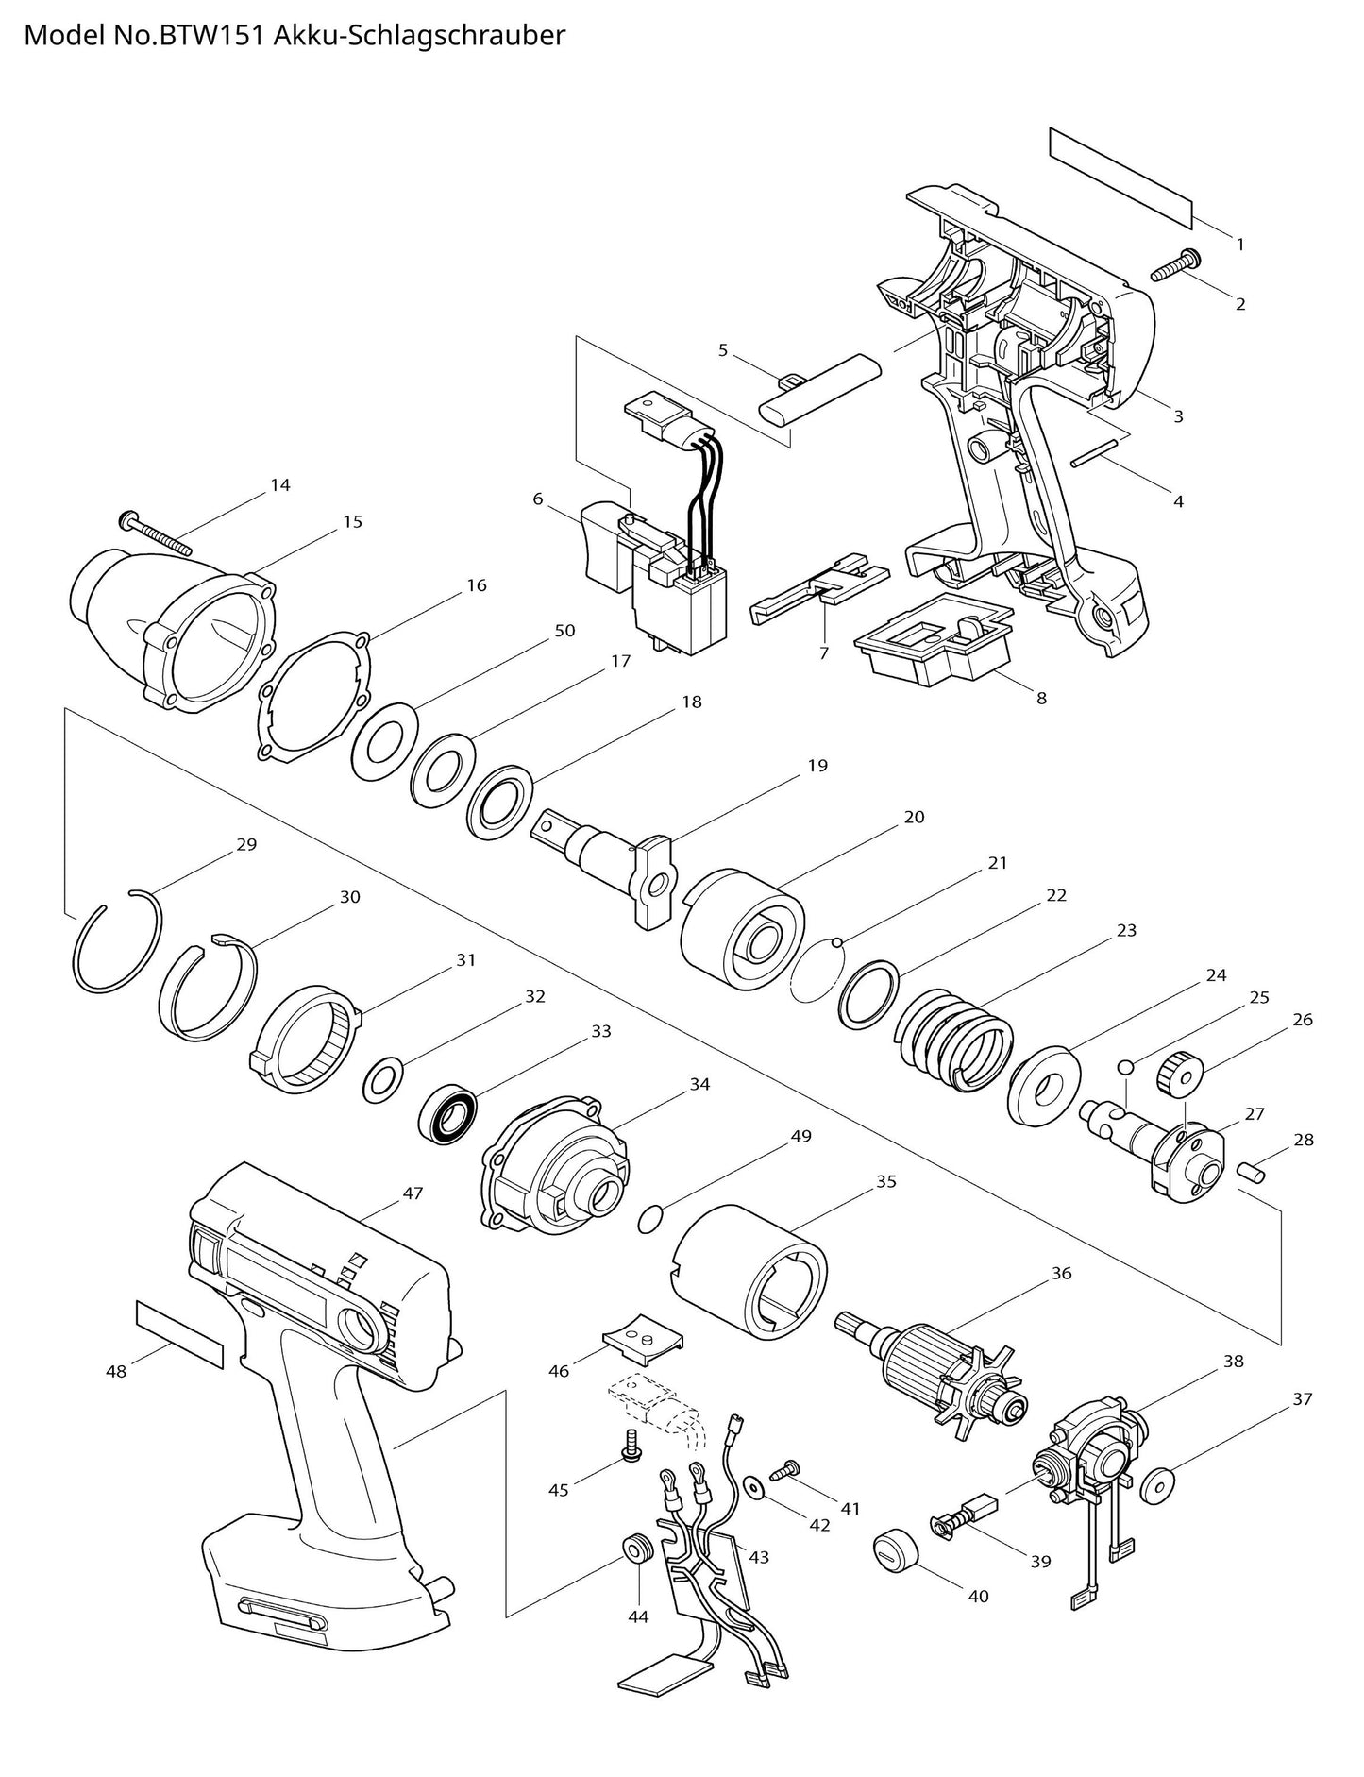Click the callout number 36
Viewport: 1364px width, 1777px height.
coord(1061,1273)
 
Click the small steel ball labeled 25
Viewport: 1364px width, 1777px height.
coord(1124,1067)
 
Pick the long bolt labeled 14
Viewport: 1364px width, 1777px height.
coord(156,533)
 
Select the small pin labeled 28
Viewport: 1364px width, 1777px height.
coord(1251,1171)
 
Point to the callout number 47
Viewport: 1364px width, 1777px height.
coord(413,1193)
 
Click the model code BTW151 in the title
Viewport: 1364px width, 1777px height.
coord(221,36)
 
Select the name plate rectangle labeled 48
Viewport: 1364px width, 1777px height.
coord(179,1332)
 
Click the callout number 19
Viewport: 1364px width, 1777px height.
coord(817,765)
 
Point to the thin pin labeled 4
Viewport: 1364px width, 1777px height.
coord(1100,449)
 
